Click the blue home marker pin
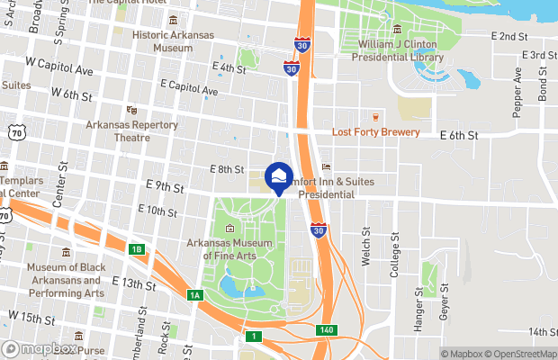[x=281, y=176]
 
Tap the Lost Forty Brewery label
[x=375, y=132]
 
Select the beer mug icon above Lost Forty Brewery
[x=375, y=116]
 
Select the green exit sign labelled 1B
[x=136, y=249]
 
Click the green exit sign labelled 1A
[x=195, y=294]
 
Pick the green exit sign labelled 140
[x=326, y=331]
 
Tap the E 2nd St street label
[x=508, y=36]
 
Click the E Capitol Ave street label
[x=189, y=91]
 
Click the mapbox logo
[x=40, y=349]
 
